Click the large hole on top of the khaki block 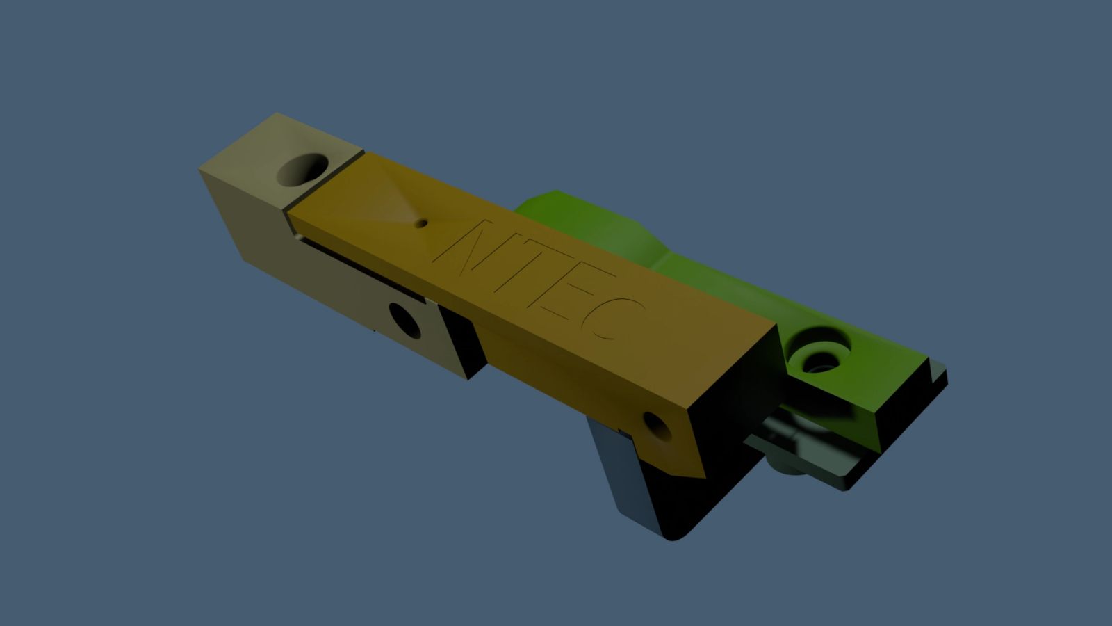[x=302, y=170]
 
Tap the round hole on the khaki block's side [x=404, y=321]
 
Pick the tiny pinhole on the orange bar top [x=421, y=223]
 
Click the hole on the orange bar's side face [x=657, y=426]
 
